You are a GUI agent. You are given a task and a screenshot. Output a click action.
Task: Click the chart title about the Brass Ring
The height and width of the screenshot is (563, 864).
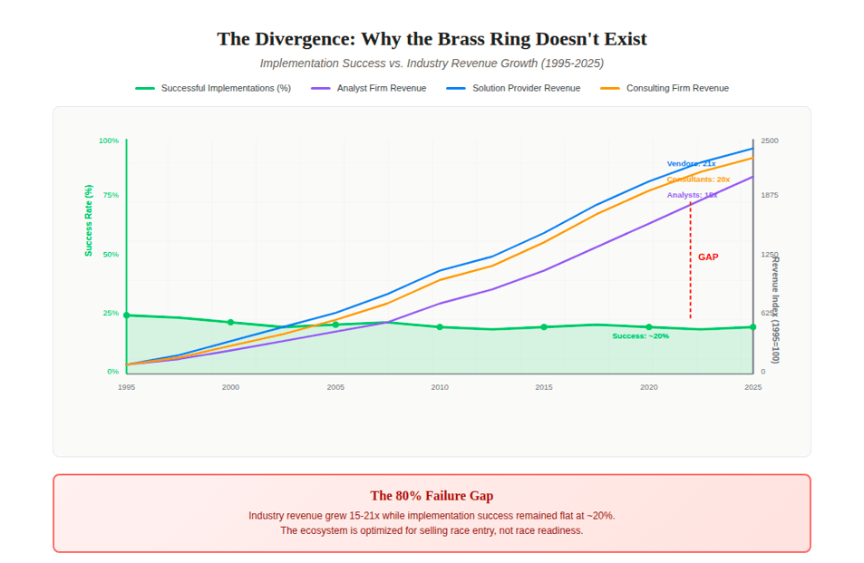tap(432, 39)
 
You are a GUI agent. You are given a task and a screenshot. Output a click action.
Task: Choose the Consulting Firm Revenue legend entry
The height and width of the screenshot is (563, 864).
tap(677, 88)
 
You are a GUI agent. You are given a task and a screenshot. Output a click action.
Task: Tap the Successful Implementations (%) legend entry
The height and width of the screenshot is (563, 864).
tap(226, 88)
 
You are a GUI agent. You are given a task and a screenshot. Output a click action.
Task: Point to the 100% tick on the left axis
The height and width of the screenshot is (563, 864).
tap(109, 141)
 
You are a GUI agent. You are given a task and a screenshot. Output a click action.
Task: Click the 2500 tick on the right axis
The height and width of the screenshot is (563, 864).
tap(769, 141)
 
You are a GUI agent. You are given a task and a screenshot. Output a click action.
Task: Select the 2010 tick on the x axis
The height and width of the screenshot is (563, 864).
tap(440, 387)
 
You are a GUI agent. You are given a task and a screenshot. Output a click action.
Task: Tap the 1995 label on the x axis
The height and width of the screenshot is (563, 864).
tap(126, 387)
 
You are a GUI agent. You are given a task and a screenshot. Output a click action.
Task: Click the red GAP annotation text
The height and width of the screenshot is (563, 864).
tap(708, 257)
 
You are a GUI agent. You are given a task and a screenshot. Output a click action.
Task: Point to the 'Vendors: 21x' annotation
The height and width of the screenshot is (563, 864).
tap(691, 163)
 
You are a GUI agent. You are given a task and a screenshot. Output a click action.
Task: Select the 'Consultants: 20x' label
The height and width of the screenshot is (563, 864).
tap(698, 180)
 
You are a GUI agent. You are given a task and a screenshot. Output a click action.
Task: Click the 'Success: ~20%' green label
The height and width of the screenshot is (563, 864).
tap(640, 335)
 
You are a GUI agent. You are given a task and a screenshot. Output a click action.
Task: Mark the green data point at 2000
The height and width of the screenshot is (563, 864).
tap(230, 322)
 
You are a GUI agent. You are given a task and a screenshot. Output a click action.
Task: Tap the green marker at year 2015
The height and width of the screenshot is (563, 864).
tap(544, 327)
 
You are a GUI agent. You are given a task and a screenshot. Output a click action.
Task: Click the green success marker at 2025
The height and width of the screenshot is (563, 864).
tap(752, 327)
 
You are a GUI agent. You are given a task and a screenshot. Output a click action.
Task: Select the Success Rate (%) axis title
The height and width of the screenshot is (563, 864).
tap(89, 220)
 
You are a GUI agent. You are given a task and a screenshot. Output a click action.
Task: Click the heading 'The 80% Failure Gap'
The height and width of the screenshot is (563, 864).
tap(432, 495)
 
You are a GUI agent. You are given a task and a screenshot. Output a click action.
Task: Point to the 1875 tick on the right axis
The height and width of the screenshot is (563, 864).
tap(769, 195)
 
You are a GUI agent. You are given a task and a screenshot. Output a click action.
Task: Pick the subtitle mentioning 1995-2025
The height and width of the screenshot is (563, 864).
tap(432, 63)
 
